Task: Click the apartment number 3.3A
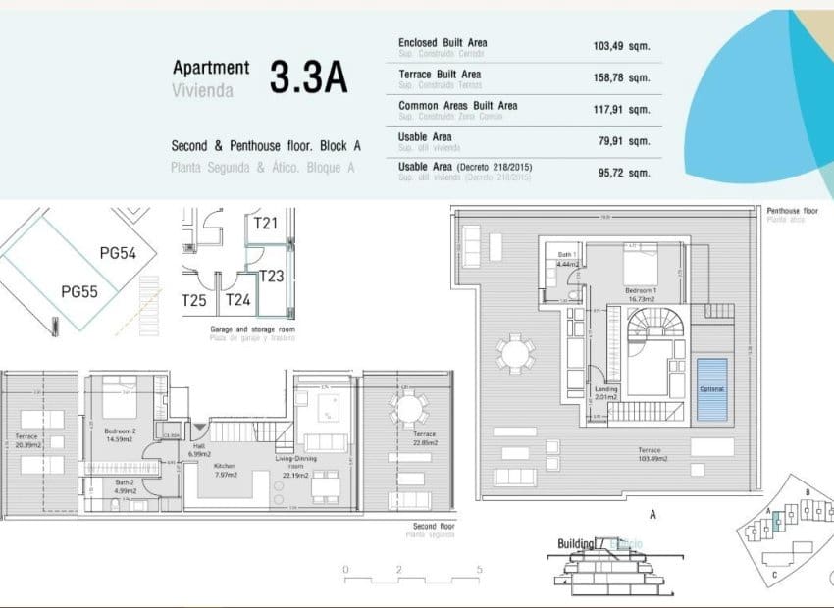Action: [308, 78]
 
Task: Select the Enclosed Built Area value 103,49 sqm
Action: [621, 45]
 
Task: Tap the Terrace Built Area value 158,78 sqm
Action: [621, 76]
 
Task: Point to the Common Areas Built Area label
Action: [457, 106]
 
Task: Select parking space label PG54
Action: [119, 254]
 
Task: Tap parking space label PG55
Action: [79, 291]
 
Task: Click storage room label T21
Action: [266, 224]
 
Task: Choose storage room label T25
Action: [194, 300]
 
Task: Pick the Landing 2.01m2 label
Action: [606, 393]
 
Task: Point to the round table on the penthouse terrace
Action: [514, 353]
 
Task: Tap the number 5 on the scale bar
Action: [478, 570]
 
